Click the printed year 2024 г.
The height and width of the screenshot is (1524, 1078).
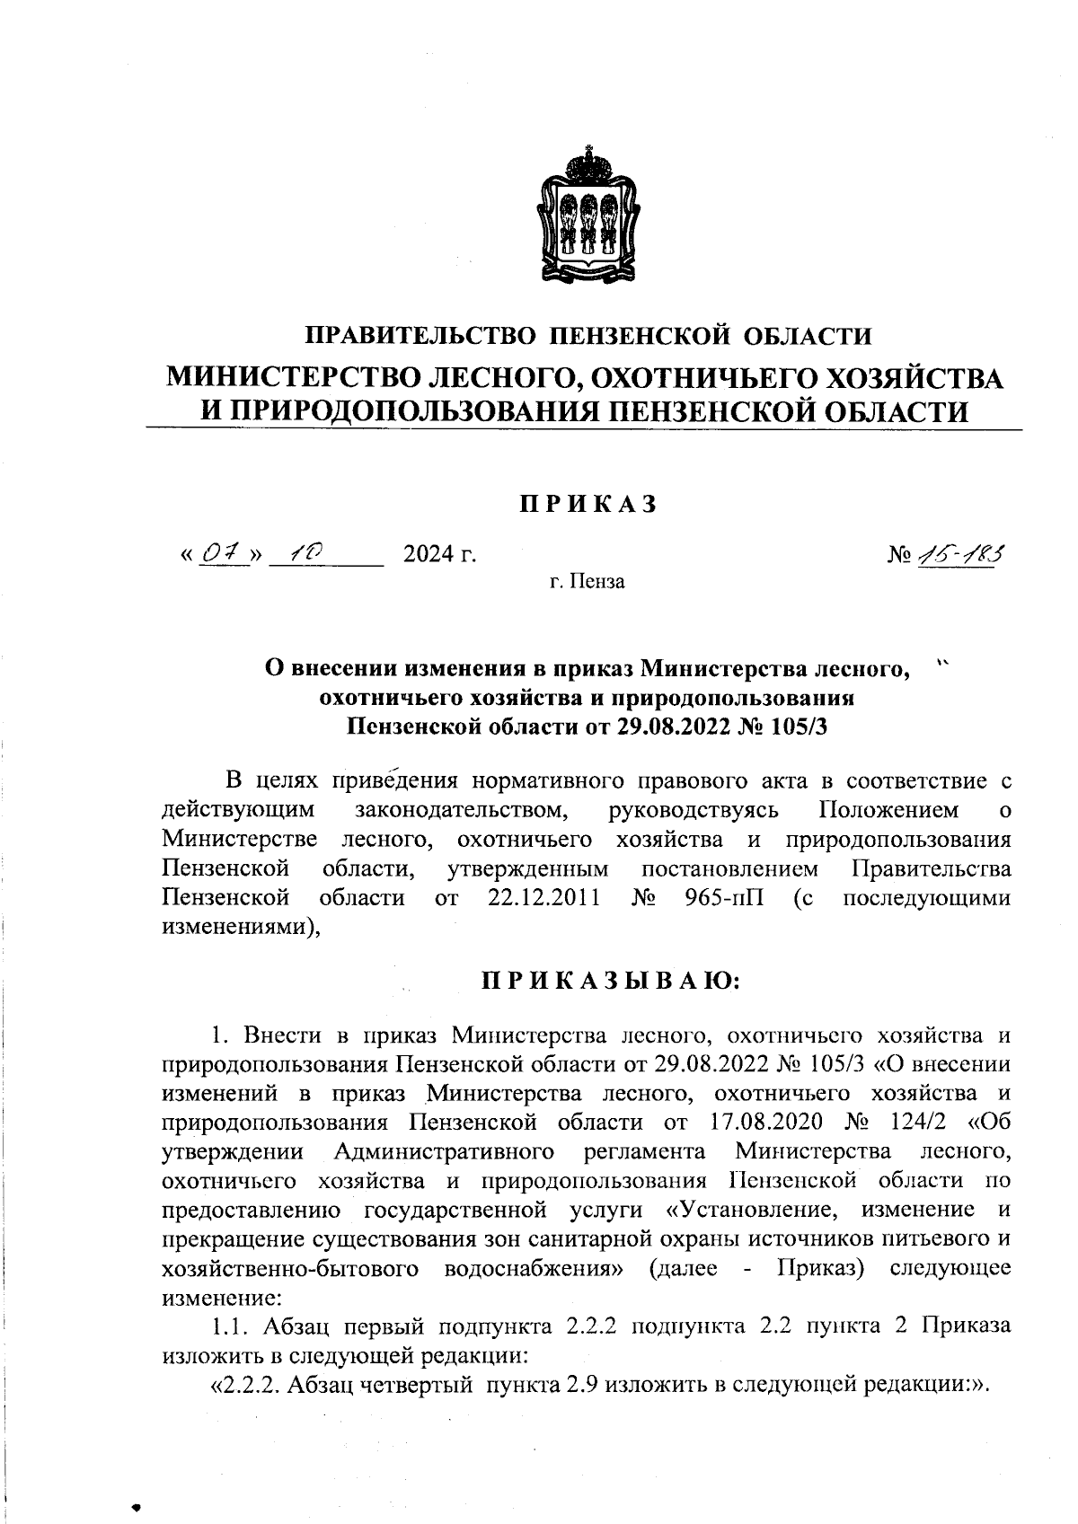pyautogui.click(x=439, y=557)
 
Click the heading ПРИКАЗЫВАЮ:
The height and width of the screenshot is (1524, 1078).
pyautogui.click(x=610, y=981)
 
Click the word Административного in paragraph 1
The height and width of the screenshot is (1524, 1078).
pyautogui.click(x=442, y=1151)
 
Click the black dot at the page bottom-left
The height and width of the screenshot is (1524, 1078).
pyautogui.click(x=137, y=1506)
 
